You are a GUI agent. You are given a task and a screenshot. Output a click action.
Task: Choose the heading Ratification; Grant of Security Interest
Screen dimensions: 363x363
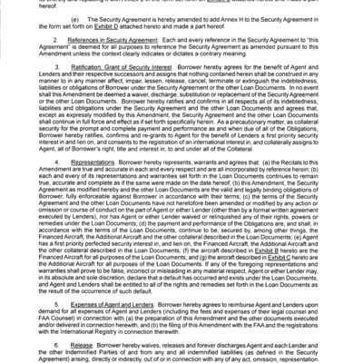(x=119, y=92)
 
